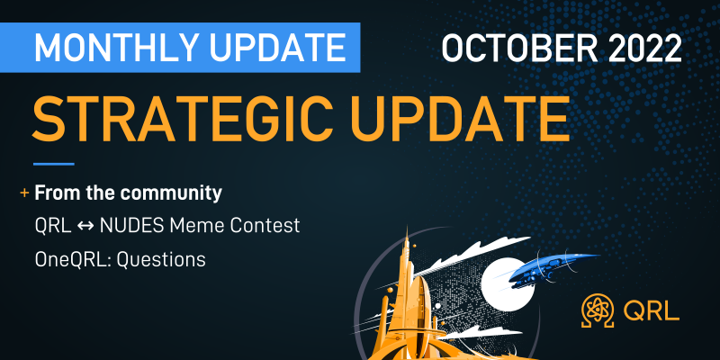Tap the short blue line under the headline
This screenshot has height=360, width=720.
pyautogui.click(x=54, y=164)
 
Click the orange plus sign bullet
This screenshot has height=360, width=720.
pyautogui.click(x=24, y=193)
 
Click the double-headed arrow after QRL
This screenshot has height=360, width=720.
pyautogui.click(x=85, y=226)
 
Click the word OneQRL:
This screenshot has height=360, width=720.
pyautogui.click(x=73, y=260)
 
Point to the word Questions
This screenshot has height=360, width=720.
pyautogui.click(x=161, y=260)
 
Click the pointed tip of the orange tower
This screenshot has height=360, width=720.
pyautogui.click(x=407, y=229)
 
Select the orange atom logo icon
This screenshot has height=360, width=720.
pyautogui.click(x=598, y=310)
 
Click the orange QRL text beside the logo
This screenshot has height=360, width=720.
pyautogui.click(x=651, y=311)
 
